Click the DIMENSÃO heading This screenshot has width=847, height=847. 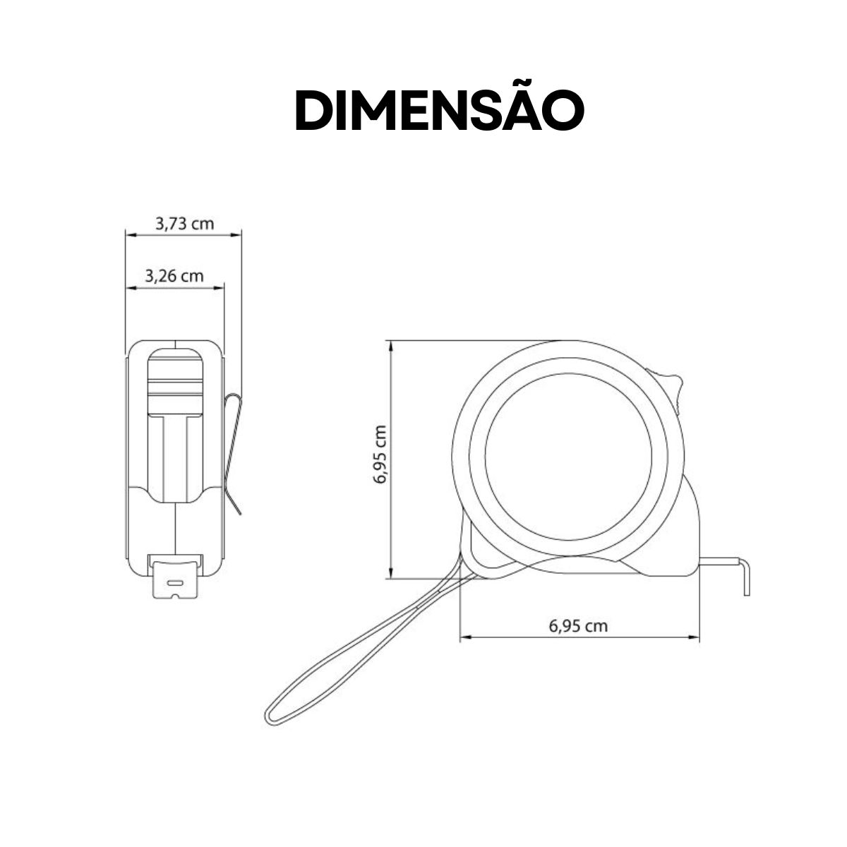(x=439, y=111)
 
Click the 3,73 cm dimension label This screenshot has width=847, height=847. (x=184, y=224)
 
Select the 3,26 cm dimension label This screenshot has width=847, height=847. (x=174, y=275)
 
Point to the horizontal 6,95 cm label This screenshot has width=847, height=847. (x=577, y=625)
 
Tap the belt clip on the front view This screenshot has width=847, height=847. (x=232, y=452)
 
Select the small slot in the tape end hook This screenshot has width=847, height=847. (x=174, y=584)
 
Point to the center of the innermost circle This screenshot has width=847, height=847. (x=569, y=456)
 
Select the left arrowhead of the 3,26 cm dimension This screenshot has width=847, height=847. (x=129, y=287)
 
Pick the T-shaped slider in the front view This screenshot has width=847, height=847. (x=174, y=452)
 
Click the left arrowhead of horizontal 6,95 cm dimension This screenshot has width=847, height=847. (x=464, y=638)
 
